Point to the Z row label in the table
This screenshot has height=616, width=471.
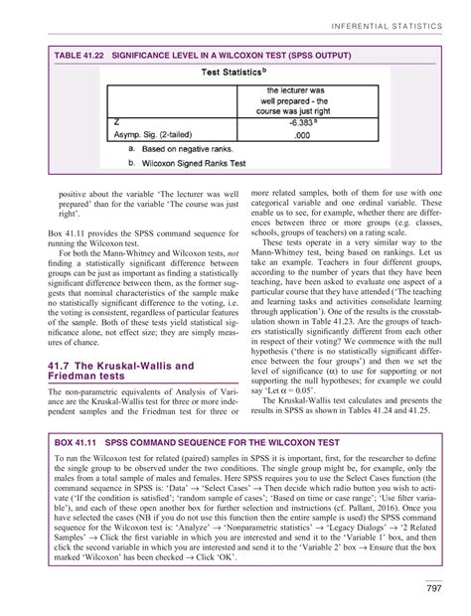118,124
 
